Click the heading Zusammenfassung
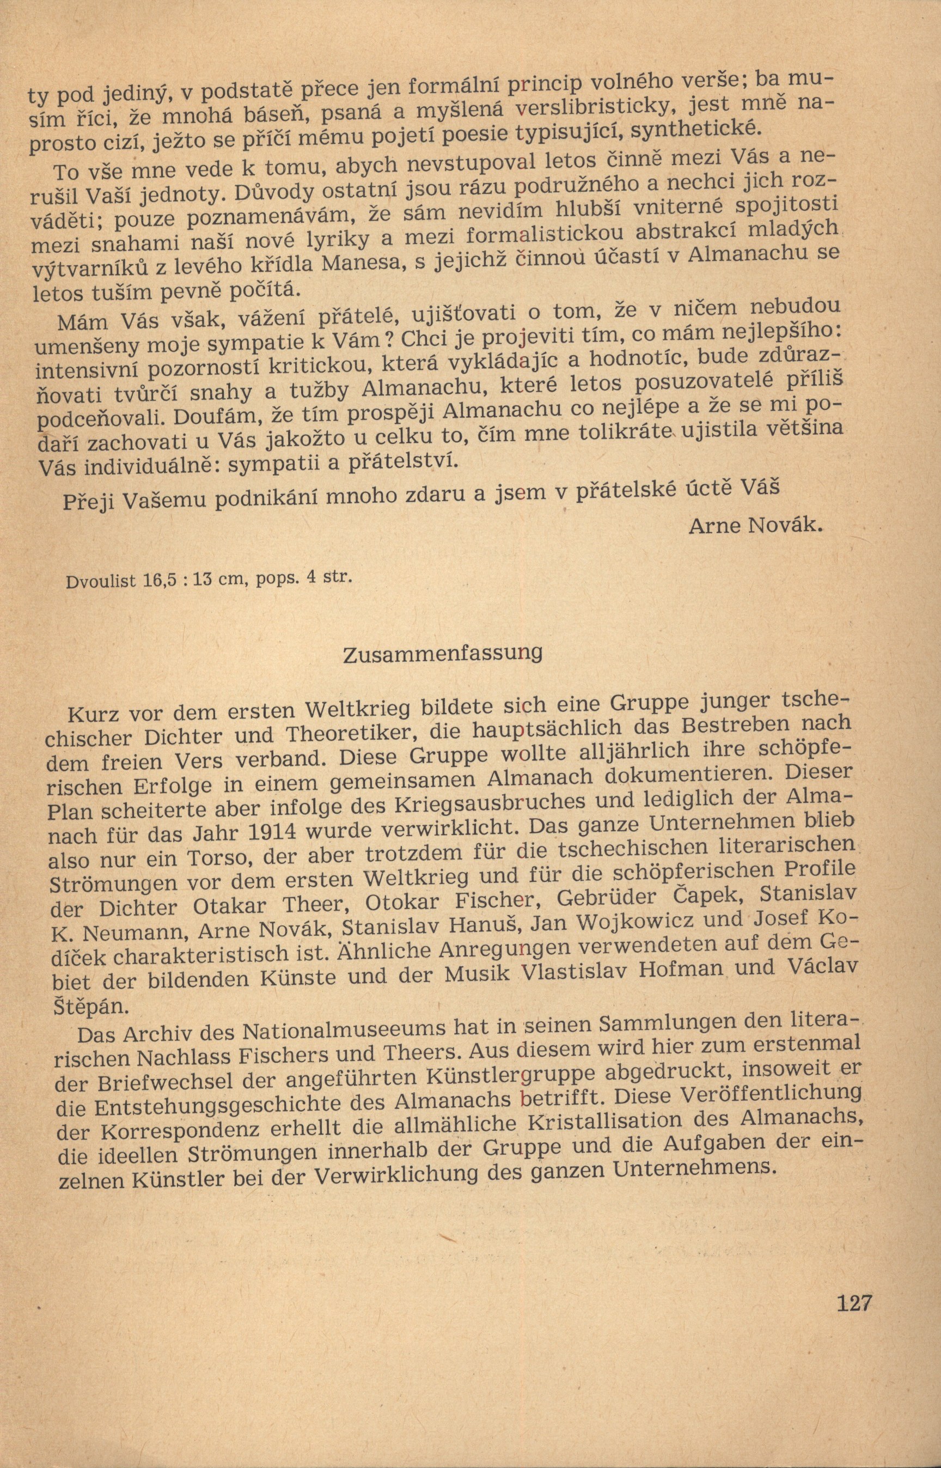[x=443, y=653]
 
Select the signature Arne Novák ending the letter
[x=753, y=526]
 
